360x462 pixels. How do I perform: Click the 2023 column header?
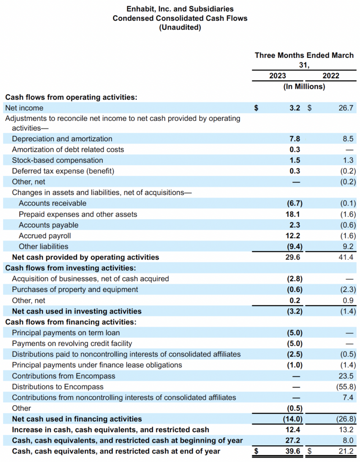pyautogui.click(x=277, y=76)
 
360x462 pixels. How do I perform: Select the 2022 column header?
pyautogui.click(x=331, y=76)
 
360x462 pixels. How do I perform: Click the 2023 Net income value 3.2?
pyautogui.click(x=295, y=108)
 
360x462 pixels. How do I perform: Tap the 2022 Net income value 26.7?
pyautogui.click(x=345, y=108)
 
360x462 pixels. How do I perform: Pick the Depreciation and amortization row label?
pyautogui.click(x=62, y=139)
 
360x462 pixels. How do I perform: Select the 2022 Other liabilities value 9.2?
pyautogui.click(x=348, y=246)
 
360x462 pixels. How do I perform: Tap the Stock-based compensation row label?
pyautogui.click(x=57, y=160)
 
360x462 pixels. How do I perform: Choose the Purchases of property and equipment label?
pyautogui.click(x=75, y=289)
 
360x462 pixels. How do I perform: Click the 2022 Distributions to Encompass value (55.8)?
pyautogui.click(x=344, y=387)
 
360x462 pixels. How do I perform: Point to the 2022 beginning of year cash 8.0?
pyautogui.click(x=348, y=440)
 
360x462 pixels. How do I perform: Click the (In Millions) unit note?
pyautogui.click(x=304, y=87)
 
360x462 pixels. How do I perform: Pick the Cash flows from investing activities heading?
pyautogui.click(x=70, y=268)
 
